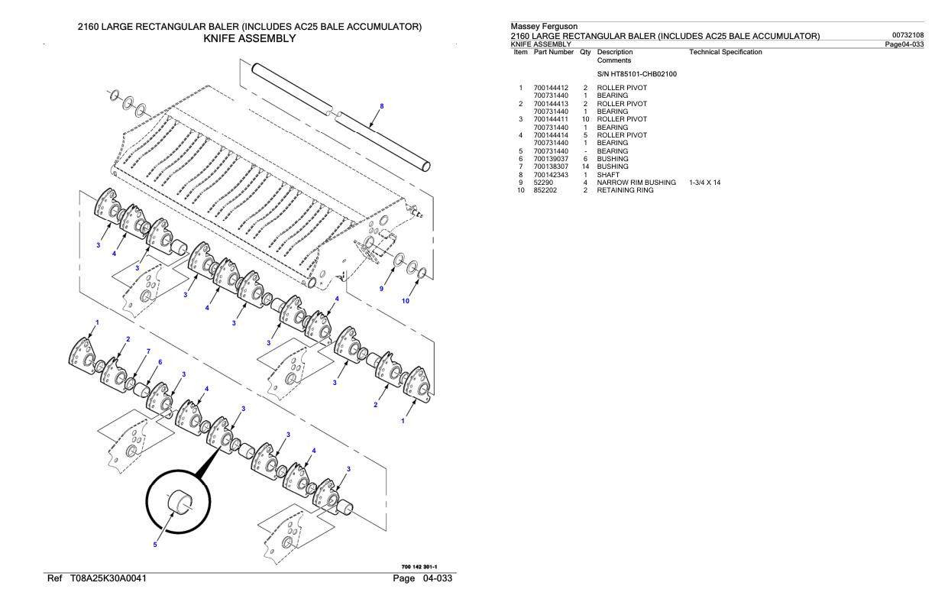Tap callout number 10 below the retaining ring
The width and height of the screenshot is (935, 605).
[406, 301]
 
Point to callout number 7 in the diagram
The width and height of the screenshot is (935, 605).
[148, 351]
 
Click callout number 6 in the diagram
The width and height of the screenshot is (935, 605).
[160, 362]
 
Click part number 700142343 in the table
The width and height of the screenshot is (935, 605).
[550, 175]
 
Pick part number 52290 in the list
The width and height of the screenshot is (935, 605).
[542, 183]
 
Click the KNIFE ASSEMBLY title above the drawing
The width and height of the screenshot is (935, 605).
[249, 38]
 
